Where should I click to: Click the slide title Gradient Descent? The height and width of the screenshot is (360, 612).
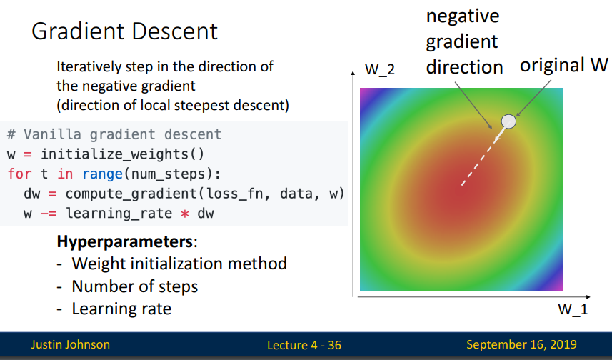[x=124, y=31]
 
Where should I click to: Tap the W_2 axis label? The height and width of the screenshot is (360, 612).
[x=380, y=69]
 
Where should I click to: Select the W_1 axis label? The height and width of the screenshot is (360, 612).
[x=573, y=309]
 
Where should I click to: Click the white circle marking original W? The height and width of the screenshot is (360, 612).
[x=508, y=121]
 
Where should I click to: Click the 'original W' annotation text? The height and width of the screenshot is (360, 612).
[x=563, y=65]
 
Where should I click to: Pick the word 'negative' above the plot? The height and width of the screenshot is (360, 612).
[x=463, y=16]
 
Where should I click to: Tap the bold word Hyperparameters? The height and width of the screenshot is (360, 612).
[x=125, y=241]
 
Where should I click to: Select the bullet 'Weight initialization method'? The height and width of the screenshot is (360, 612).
[x=179, y=264]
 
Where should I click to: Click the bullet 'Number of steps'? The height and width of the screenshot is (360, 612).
[x=135, y=286]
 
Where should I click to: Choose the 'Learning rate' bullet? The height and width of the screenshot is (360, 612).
[x=122, y=309]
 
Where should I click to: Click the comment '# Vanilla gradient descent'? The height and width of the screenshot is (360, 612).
[x=114, y=134]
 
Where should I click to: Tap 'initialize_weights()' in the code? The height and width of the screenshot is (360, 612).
[x=123, y=154]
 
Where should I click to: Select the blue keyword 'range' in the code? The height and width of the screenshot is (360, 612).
[x=103, y=174]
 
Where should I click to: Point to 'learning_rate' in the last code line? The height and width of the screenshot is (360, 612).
[x=119, y=213]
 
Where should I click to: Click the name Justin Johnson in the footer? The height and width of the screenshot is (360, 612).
[x=71, y=344]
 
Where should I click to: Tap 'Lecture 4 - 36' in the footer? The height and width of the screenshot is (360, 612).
[x=304, y=345]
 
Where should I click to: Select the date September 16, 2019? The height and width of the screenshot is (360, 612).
[x=521, y=344]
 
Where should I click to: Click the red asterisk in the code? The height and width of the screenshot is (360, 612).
[x=185, y=214]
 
